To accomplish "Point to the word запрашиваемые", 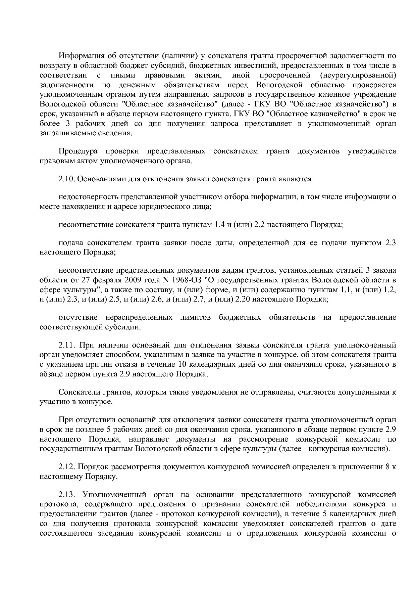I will (62, 133).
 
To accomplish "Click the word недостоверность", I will (88, 197).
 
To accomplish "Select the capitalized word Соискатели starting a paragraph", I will (76, 392).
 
